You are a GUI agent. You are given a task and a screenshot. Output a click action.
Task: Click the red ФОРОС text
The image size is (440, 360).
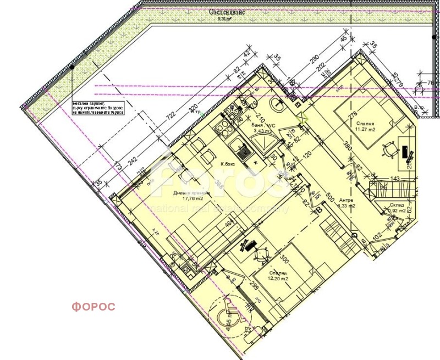(93, 307)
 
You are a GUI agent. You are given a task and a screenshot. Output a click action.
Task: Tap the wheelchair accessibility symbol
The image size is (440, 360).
(226, 317)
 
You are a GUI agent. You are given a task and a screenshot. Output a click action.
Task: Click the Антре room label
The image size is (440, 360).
(346, 201)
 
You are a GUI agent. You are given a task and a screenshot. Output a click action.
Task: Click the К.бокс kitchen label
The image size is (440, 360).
(229, 164)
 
